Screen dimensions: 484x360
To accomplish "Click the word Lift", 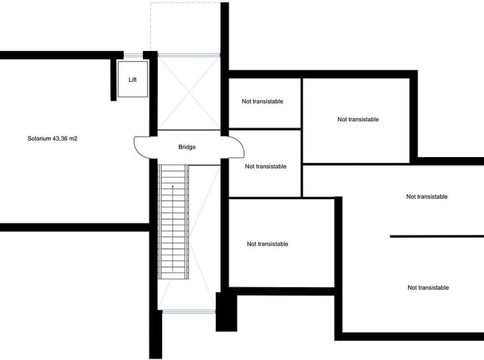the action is (x=132, y=80).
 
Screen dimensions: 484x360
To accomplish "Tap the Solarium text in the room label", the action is (x=39, y=139).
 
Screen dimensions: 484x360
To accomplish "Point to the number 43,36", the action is (x=60, y=139).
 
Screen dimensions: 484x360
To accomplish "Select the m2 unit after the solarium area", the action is (x=73, y=139).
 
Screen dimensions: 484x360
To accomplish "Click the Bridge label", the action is (x=186, y=147).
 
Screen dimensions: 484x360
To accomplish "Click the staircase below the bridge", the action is (x=173, y=221).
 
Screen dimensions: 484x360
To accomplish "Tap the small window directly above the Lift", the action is (x=133, y=56).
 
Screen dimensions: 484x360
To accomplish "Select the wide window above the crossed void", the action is (x=189, y=56).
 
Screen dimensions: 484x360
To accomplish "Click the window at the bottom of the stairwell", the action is (x=188, y=312).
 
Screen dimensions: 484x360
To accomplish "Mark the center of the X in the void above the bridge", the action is (x=189, y=93).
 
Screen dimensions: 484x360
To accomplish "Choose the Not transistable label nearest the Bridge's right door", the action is (x=266, y=167).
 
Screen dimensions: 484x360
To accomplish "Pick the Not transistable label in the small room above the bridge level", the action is (x=262, y=101).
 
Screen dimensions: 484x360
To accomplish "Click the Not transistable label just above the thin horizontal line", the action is (x=427, y=197).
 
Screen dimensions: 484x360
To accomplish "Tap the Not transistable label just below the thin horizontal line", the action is (x=428, y=288).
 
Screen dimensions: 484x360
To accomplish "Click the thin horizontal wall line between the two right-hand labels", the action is (x=437, y=237).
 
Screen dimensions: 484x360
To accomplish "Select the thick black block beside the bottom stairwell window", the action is (x=226, y=311).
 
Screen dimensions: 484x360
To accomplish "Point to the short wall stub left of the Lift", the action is (x=114, y=79).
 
